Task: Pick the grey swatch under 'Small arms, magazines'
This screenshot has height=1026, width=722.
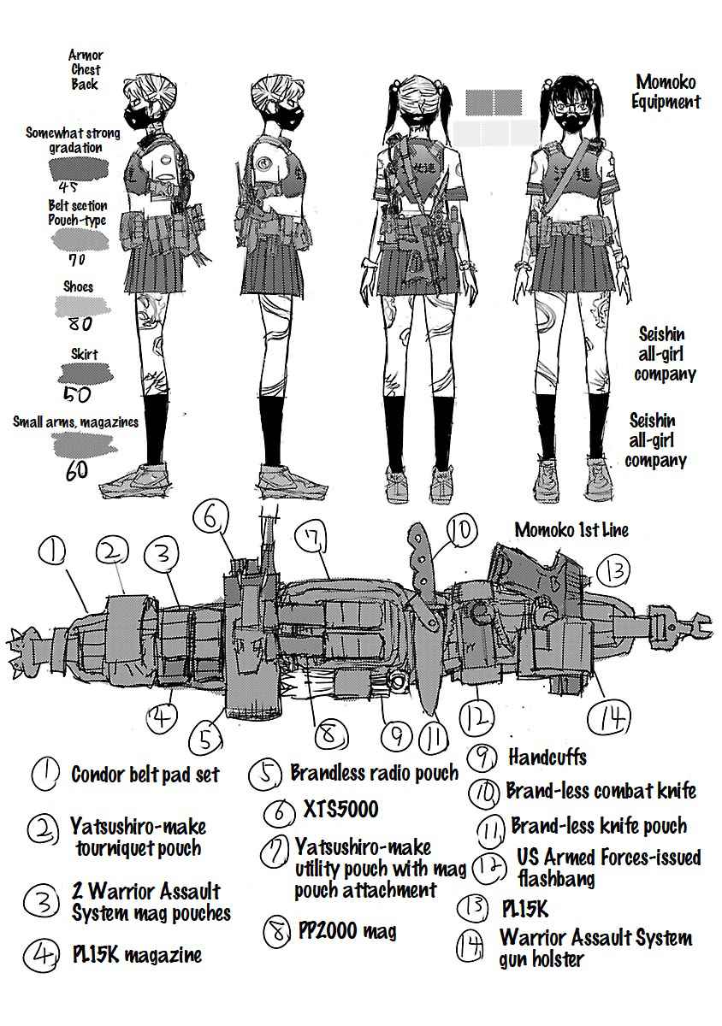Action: coord(84,444)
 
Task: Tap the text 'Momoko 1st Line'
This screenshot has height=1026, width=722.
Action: coord(571,530)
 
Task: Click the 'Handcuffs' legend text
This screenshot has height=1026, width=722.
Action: coord(547,757)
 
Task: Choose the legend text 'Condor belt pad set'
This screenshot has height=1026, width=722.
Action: coord(145,775)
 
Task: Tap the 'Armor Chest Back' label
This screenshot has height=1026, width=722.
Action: coord(85,69)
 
